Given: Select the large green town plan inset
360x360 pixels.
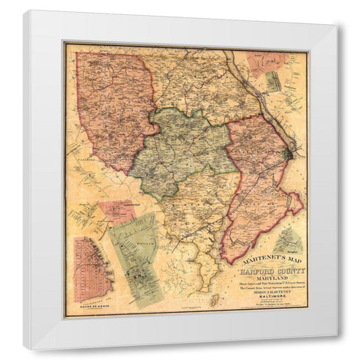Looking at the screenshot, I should [134, 259].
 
